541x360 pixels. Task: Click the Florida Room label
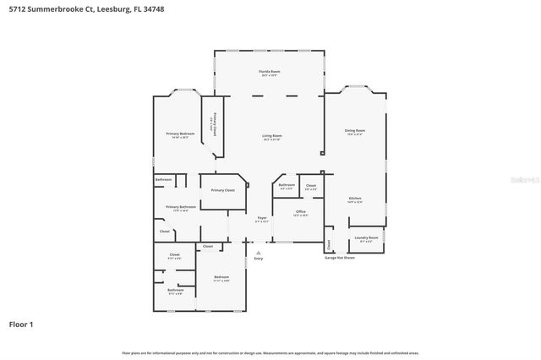coord(270,72)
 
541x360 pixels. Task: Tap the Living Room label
coord(271,136)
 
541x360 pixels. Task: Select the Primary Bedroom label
coord(180,134)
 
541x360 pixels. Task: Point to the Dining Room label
coord(355,131)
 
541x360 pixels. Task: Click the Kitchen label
coord(355,199)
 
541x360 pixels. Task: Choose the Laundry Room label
coord(366,238)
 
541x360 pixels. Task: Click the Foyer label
coord(262,218)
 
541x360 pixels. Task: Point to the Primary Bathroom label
coord(181,207)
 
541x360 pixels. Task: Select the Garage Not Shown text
coord(340,258)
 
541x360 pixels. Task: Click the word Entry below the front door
coord(259,259)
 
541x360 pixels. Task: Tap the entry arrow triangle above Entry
coord(259,251)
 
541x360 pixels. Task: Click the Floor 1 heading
coord(21,324)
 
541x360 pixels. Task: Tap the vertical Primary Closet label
coord(215,124)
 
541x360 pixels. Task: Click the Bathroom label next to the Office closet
coord(287,185)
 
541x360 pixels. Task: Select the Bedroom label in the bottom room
coord(221,277)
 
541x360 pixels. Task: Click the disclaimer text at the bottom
coord(270,352)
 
